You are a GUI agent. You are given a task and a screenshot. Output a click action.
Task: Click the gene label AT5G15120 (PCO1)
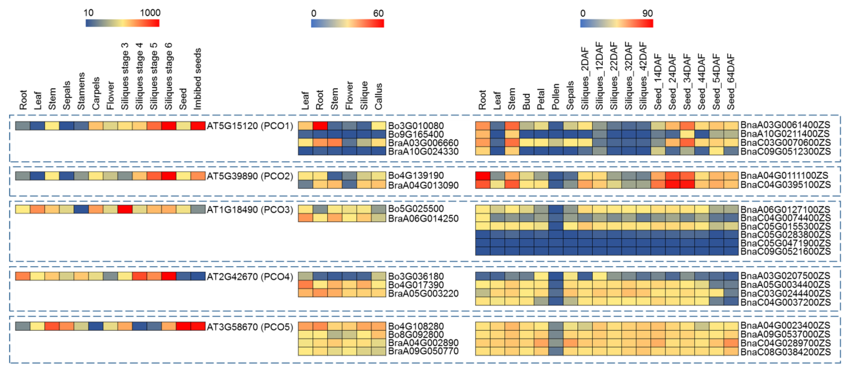pos(250,126)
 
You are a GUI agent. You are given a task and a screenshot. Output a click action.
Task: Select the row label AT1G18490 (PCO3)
pos(250,209)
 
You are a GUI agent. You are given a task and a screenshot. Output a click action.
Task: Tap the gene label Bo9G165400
pos(416,134)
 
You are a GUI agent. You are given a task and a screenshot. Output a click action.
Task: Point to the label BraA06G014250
pos(423,218)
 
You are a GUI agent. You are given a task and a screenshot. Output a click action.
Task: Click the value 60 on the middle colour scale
pos(378,13)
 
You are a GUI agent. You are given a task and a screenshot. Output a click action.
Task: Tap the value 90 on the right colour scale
pos(647,13)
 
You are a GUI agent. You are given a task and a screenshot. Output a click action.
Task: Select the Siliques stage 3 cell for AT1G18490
pos(125,209)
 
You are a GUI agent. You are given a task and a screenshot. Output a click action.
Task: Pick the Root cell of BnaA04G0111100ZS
pos(483,175)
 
